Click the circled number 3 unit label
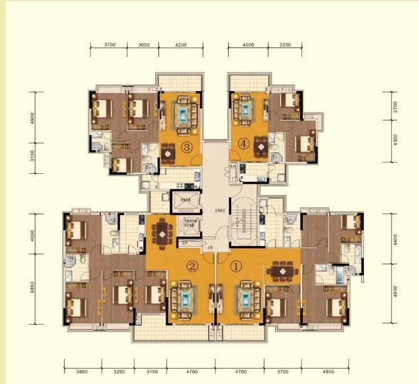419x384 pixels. (x=186, y=147)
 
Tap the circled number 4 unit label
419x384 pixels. (x=245, y=144)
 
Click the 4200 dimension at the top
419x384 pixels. (x=181, y=44)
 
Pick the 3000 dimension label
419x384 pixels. (x=144, y=44)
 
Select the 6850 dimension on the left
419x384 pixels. (x=33, y=290)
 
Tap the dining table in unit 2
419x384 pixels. (x=163, y=232)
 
